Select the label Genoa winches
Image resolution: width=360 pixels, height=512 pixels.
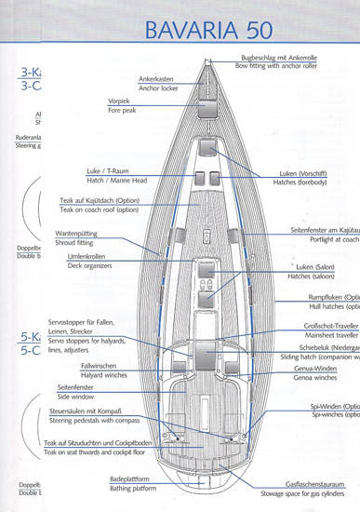pos(313,379)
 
